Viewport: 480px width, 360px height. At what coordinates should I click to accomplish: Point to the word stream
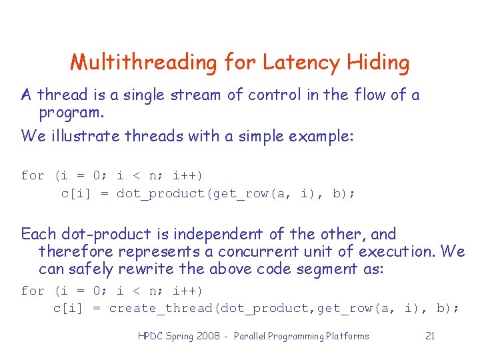pyautogui.click(x=198, y=95)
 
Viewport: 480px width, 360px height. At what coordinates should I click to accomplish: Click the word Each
pyautogui.click(x=39, y=234)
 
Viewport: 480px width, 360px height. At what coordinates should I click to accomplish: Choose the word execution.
pyautogui.click(x=398, y=251)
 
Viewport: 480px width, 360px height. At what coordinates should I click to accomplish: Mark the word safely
pyautogui.click(x=91, y=269)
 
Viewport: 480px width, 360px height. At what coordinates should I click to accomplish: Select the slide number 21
pyautogui.click(x=430, y=336)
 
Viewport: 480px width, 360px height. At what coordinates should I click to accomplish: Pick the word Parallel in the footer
pyautogui.click(x=248, y=336)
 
